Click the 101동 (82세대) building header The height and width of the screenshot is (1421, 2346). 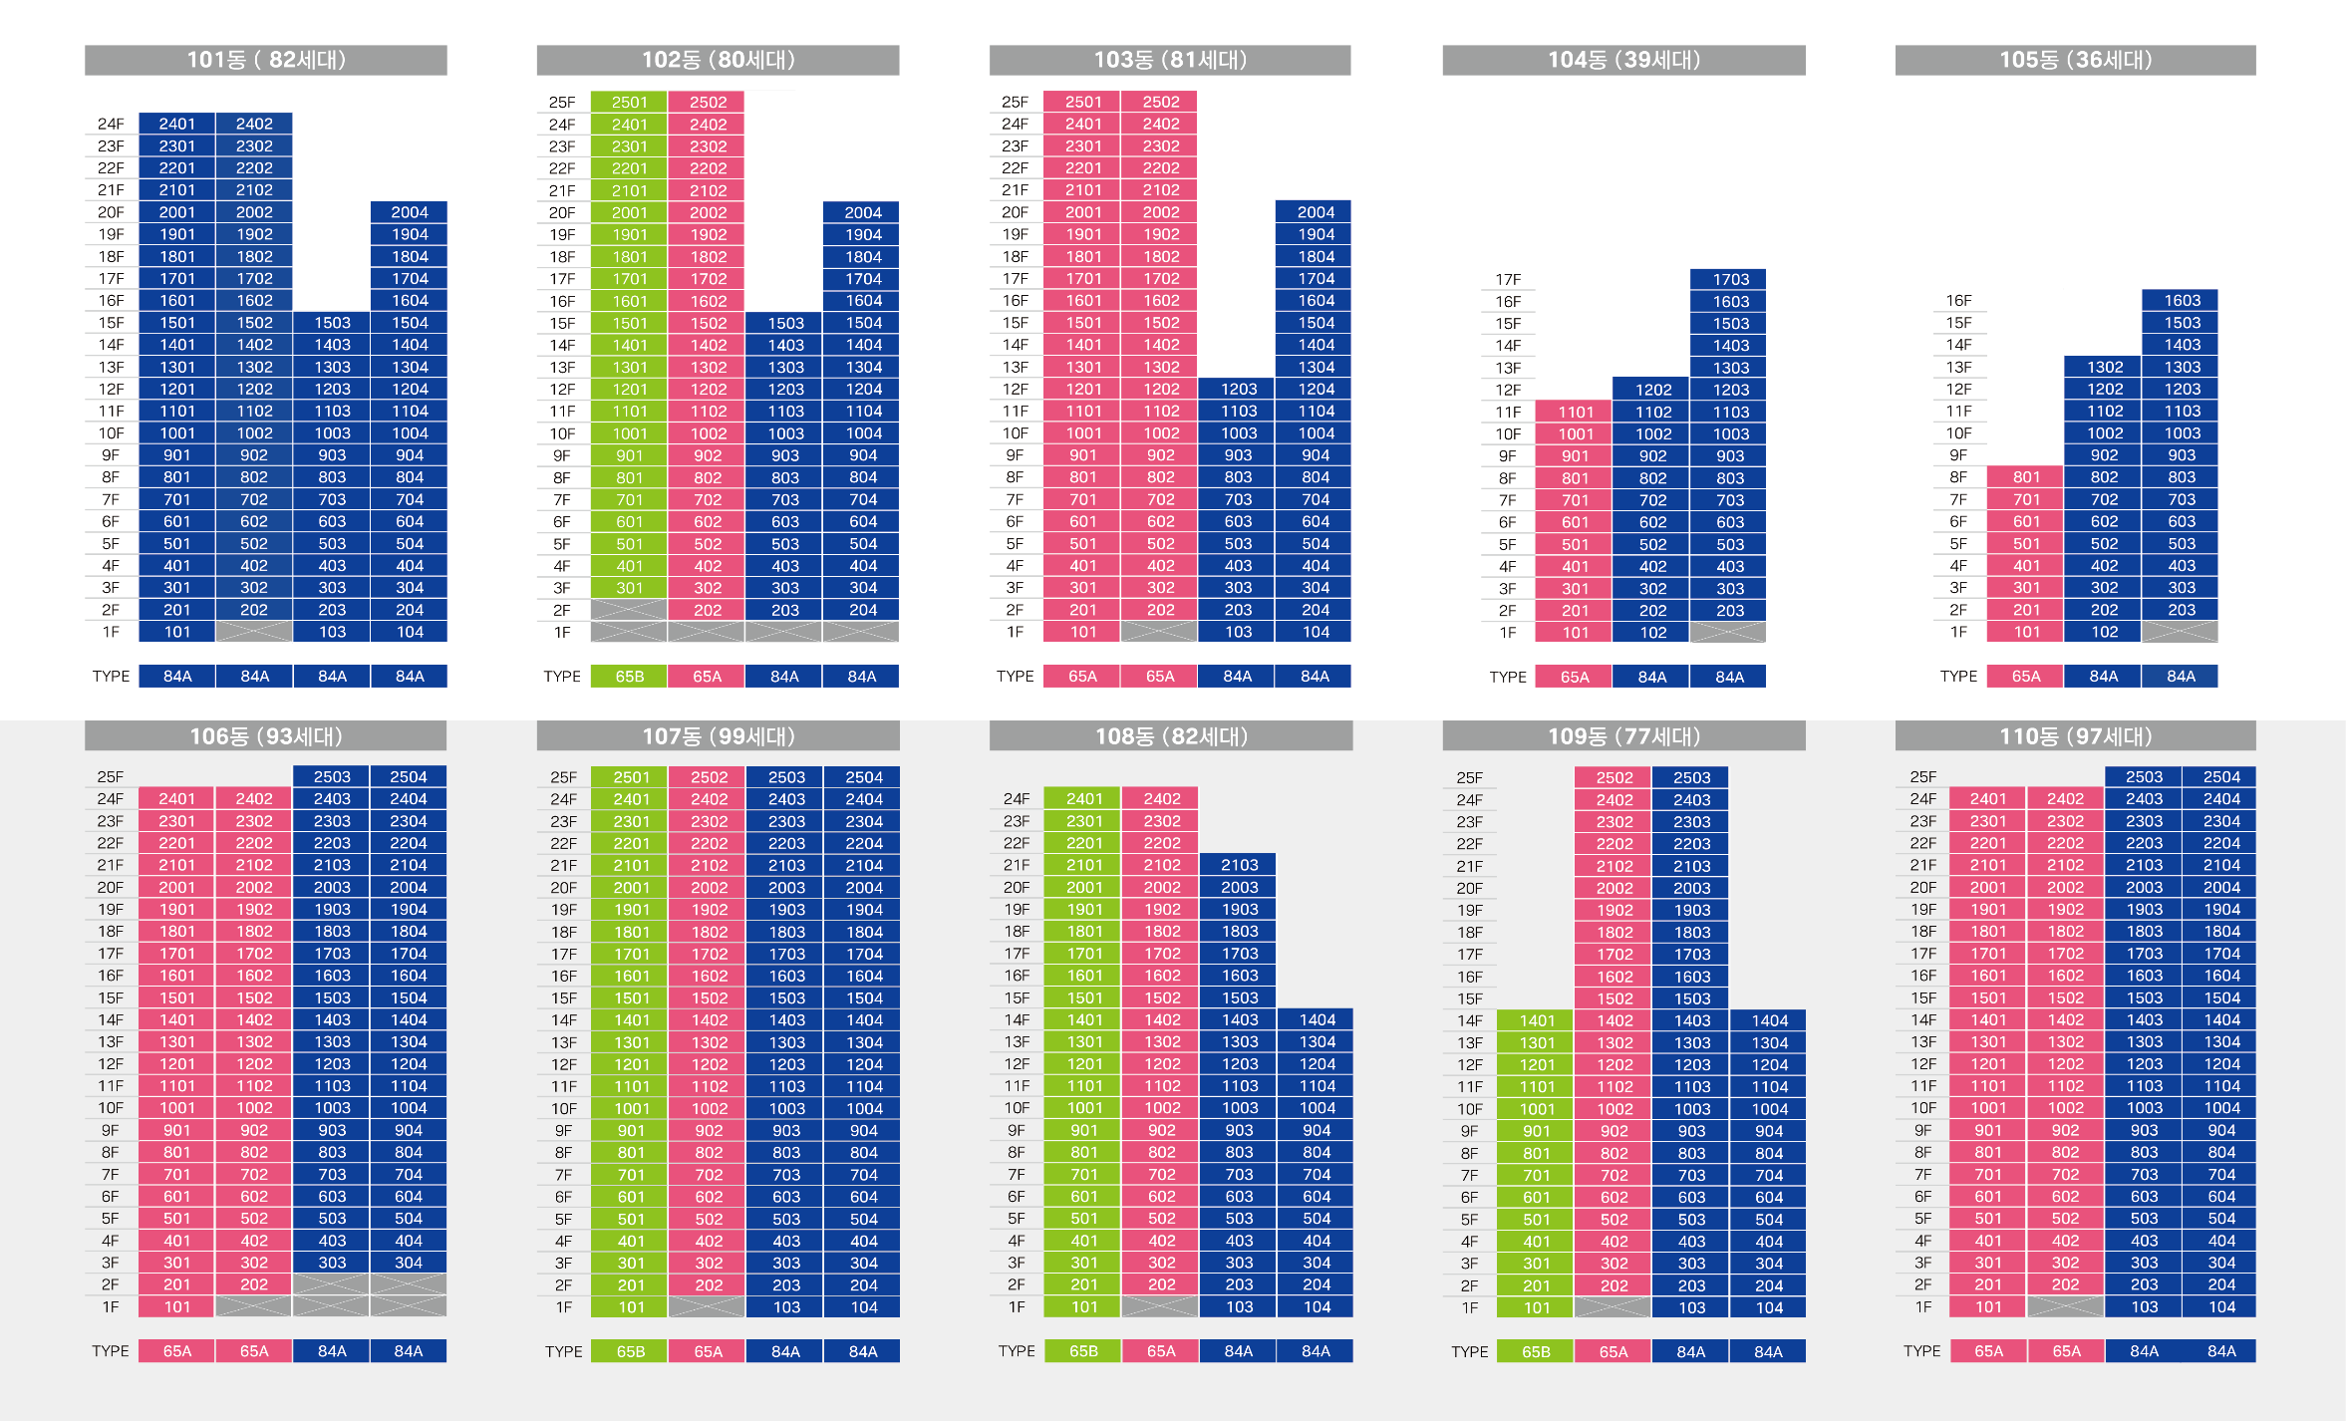(265, 60)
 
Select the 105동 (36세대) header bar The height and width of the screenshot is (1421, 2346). (2075, 60)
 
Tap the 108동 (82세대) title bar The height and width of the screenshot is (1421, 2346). (1170, 736)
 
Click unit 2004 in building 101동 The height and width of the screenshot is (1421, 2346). (409, 212)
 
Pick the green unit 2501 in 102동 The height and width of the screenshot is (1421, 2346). (629, 102)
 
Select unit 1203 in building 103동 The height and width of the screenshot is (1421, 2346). (1238, 389)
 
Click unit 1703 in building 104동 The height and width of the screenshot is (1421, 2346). (1730, 279)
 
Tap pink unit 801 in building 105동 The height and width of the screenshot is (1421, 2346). (2026, 477)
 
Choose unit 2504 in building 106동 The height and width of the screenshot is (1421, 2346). (408, 776)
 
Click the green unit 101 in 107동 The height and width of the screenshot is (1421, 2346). (631, 1306)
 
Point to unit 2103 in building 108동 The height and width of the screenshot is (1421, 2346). (1239, 865)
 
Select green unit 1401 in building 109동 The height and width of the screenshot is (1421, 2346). (1536, 1020)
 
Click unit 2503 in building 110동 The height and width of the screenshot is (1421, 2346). (2144, 776)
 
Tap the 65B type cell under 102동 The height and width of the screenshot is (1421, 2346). (629, 677)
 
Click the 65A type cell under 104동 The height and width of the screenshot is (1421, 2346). (1575, 677)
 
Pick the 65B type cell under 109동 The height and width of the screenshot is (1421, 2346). (1536, 1351)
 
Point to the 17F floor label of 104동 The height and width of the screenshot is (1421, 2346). (1507, 280)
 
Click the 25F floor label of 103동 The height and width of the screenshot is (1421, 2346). (1015, 102)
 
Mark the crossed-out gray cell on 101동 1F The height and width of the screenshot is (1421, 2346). (254, 632)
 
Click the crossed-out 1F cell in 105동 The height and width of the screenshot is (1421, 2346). (2181, 632)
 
